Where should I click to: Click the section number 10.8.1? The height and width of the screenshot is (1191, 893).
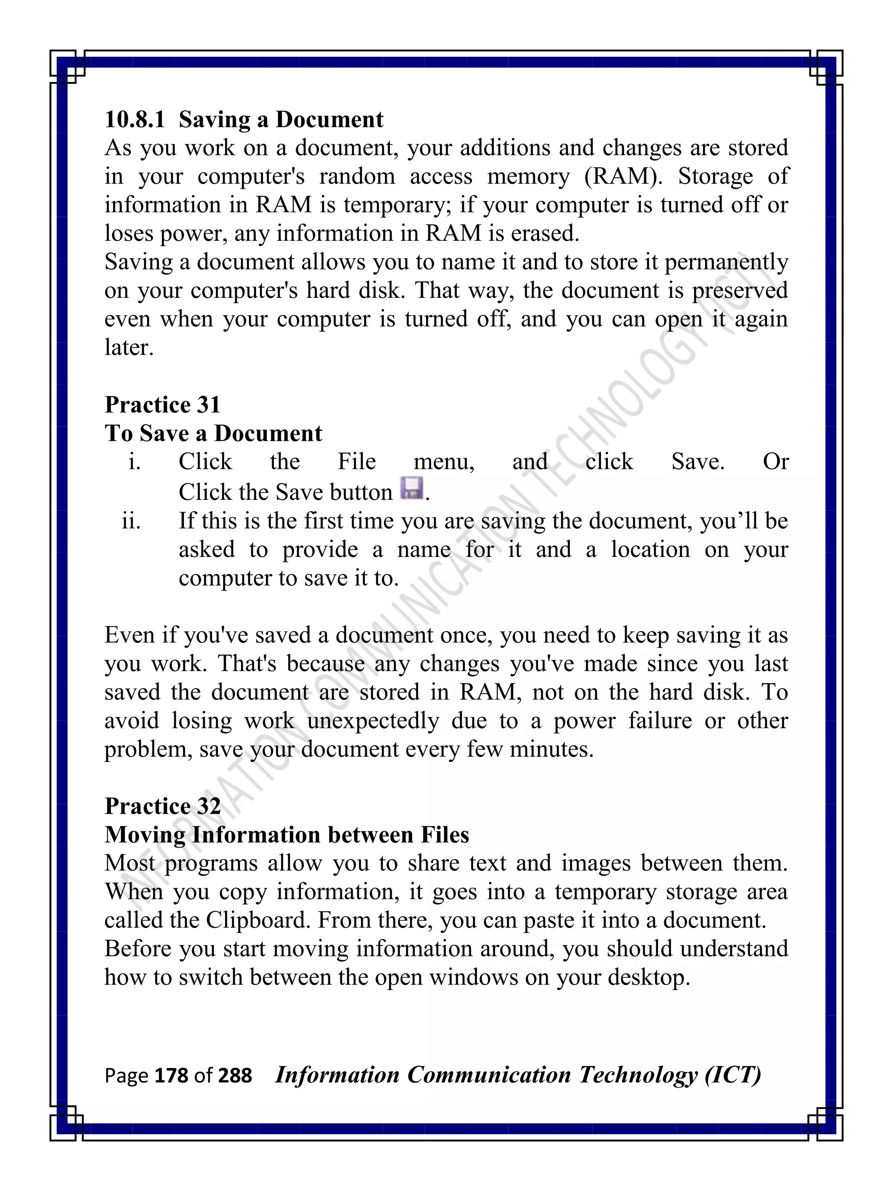(x=135, y=119)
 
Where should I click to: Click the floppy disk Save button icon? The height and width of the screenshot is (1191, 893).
(x=411, y=488)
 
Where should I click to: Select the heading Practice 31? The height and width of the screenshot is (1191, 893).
(x=163, y=405)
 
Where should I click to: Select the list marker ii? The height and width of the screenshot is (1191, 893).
(x=131, y=521)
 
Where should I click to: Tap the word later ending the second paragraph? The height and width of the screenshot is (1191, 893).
(x=129, y=348)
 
